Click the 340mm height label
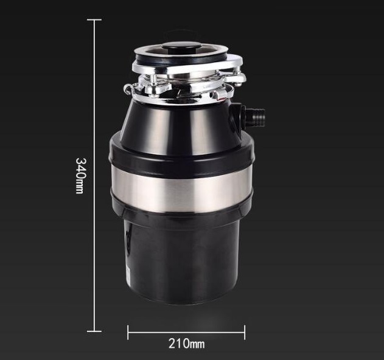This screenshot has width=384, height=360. click(81, 176)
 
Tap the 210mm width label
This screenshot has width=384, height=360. click(187, 344)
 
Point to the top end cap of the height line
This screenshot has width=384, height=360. click(94, 19)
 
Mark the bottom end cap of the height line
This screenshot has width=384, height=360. click(94, 331)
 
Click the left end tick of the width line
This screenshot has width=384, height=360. click(128, 333)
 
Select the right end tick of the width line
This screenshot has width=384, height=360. click(245, 333)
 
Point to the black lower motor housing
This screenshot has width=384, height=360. click(181, 260)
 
